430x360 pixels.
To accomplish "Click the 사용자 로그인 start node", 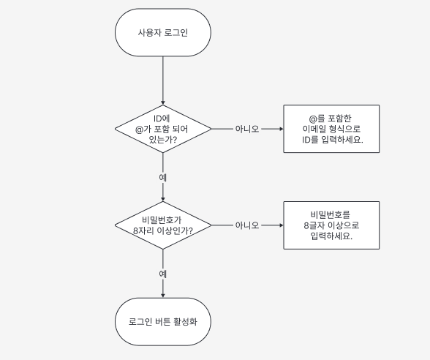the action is [x=163, y=32].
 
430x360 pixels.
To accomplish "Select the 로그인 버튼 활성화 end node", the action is [x=163, y=322].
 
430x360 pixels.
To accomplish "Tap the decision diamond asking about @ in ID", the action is [x=163, y=129].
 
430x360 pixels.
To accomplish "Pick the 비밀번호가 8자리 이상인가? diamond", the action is [x=163, y=225].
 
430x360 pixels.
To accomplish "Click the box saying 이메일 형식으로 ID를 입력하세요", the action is [x=331, y=129].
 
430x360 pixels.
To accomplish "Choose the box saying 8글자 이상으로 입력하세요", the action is [x=331, y=225].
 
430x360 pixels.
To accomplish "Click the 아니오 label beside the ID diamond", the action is [x=247, y=129].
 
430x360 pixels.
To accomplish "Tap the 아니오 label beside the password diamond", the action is [x=247, y=225].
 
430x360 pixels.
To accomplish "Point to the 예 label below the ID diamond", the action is [x=163, y=178].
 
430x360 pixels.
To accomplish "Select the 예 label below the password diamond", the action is [x=163, y=274].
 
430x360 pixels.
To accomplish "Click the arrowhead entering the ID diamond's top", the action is [x=163, y=103].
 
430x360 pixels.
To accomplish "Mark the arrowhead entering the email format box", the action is [x=282, y=129].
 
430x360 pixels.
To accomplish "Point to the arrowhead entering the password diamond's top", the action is [x=163, y=200].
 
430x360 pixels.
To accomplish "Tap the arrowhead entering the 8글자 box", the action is [x=282, y=225].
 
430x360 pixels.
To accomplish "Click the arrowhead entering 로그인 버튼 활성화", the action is [x=163, y=296].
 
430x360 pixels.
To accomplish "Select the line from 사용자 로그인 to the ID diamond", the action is [x=163, y=80].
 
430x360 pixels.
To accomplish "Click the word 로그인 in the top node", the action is [x=176, y=32].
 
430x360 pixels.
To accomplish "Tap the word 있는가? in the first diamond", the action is [x=163, y=140].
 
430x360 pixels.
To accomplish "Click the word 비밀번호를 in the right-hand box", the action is [x=331, y=214].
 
